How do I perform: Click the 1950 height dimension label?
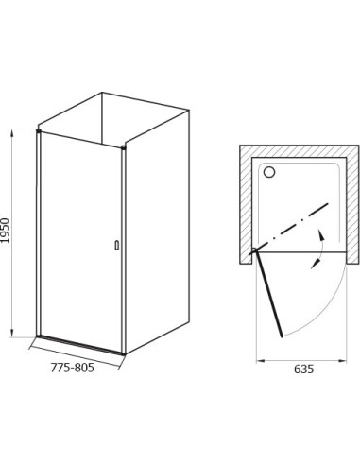point(6,231)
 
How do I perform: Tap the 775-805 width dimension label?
point(73,368)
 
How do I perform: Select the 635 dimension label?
point(304,369)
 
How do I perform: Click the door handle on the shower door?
point(117,246)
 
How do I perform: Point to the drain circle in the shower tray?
point(269,172)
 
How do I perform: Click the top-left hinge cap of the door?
point(39,130)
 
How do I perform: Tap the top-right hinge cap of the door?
point(124,147)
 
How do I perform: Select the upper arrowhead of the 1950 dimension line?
point(12,133)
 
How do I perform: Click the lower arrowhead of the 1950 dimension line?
point(12,333)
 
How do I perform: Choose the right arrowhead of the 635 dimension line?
point(342,361)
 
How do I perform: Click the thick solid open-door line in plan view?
point(269,293)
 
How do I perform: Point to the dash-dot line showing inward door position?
point(289,227)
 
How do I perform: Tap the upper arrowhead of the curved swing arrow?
point(320,234)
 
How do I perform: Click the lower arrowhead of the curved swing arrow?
point(315,265)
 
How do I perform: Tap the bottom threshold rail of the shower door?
point(80,345)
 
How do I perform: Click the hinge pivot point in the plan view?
point(255,250)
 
